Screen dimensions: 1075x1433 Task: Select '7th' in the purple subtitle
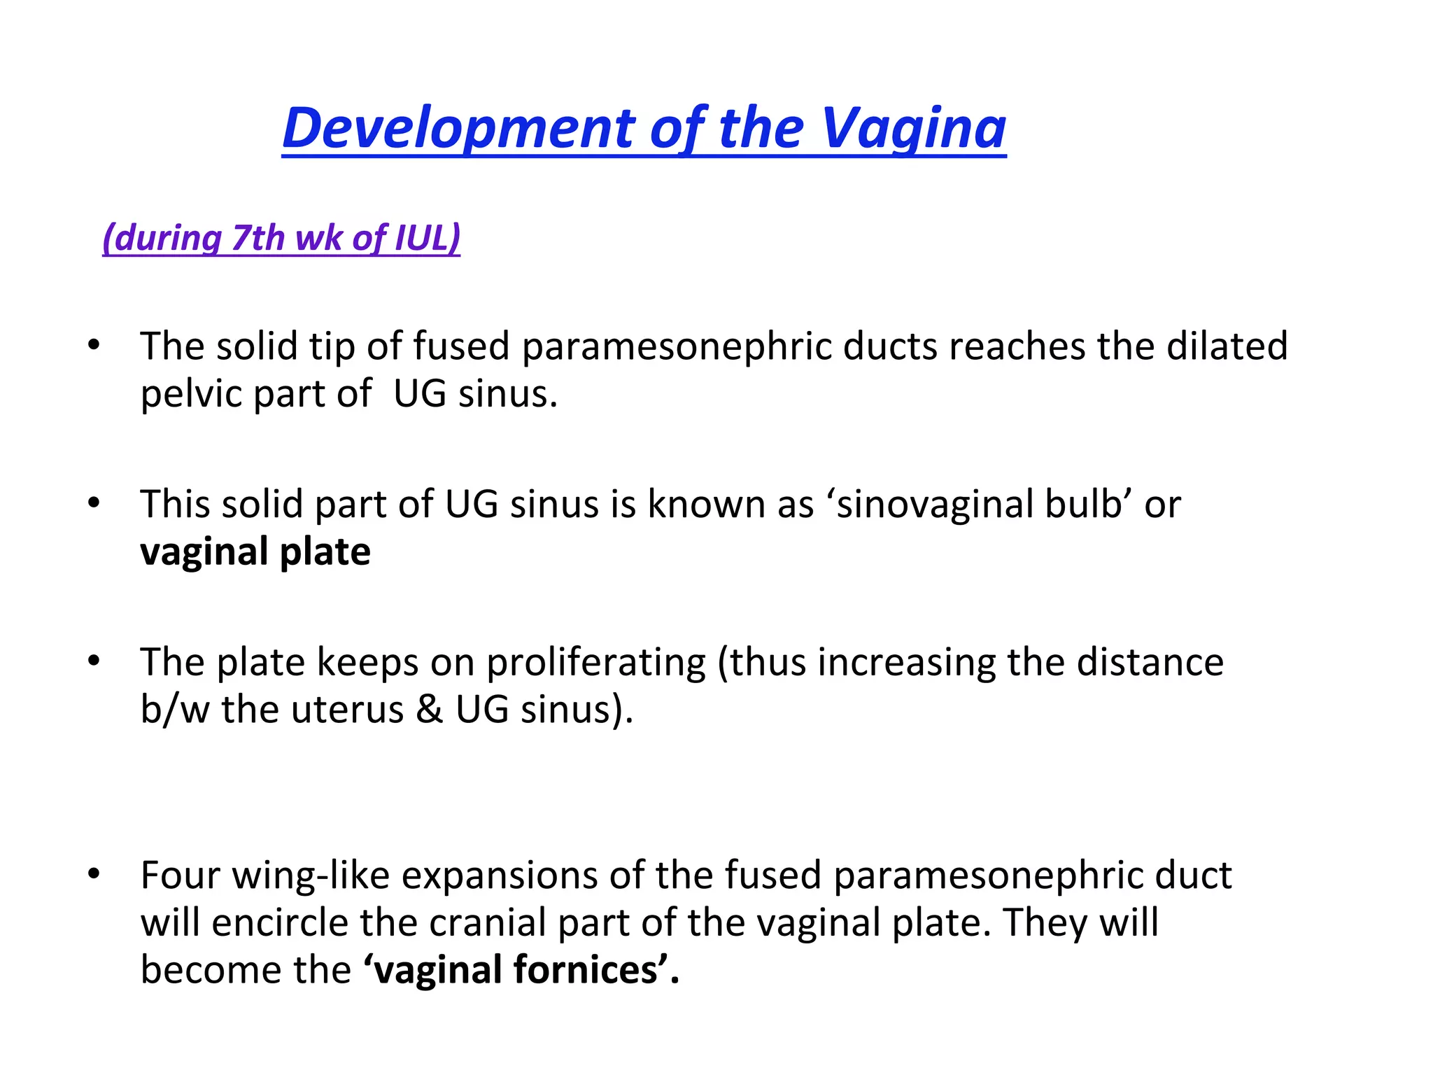(258, 238)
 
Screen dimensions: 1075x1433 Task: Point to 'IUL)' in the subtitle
(428, 238)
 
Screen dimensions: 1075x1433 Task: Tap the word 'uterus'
(348, 710)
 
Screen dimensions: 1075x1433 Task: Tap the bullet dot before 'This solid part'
(94, 503)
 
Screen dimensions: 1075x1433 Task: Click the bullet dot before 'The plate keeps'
(94, 661)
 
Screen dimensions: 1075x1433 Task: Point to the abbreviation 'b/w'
(175, 710)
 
